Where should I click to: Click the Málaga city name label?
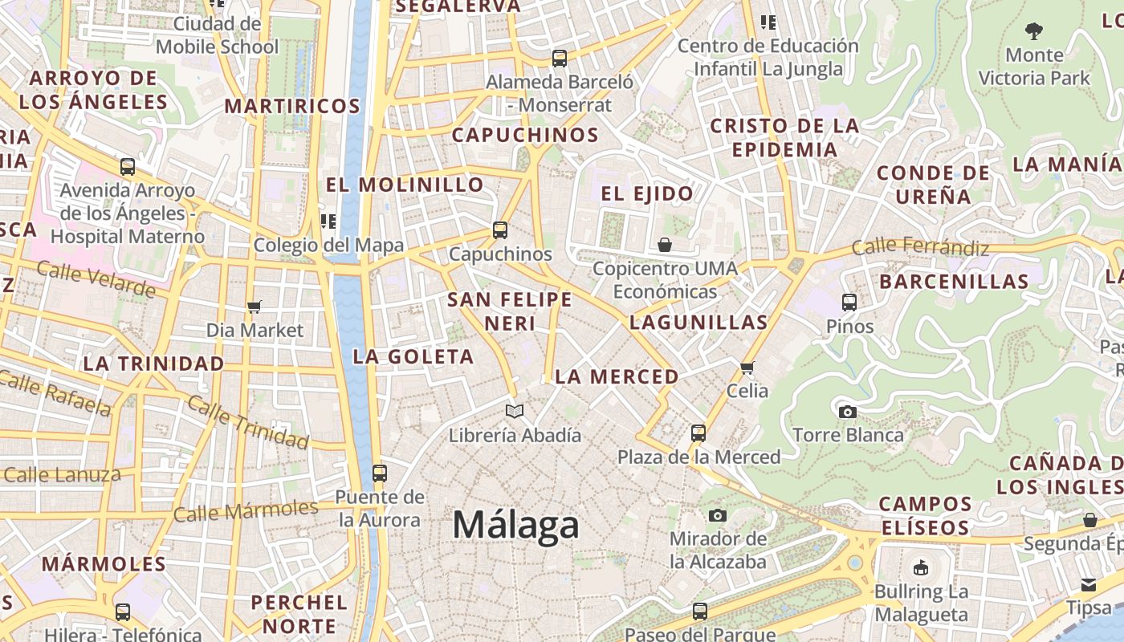coord(515,525)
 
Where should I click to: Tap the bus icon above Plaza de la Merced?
coord(698,433)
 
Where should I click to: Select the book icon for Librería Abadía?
coord(515,412)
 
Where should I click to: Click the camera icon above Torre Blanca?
coord(847,412)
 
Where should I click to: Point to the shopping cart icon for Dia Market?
coord(255,306)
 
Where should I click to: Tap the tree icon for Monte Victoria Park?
coord(1034,31)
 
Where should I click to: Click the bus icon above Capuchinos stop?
coord(500,230)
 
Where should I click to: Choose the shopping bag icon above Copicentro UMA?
coord(665,245)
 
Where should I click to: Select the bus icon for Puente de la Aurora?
coord(380,473)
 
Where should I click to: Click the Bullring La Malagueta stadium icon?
coord(921,568)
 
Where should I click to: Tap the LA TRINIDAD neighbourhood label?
coord(154,364)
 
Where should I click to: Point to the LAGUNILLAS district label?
coord(698,323)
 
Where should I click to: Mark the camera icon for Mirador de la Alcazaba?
coord(718,515)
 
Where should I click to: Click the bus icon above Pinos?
coord(849,303)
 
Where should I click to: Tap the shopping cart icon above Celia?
coord(747,368)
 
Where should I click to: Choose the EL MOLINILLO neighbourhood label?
coord(405,185)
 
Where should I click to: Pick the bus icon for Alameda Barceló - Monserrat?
coord(560,59)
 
